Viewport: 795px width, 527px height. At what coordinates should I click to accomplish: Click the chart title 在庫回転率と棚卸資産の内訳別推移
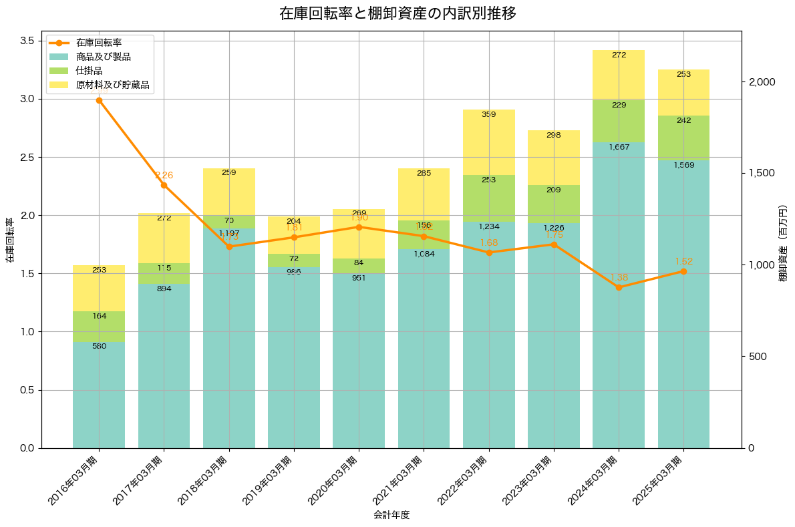397,13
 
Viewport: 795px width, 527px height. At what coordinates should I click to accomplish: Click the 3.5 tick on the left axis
27,41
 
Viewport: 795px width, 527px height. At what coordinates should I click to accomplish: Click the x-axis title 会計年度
391,515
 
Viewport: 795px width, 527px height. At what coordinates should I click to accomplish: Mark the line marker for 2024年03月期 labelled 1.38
619,287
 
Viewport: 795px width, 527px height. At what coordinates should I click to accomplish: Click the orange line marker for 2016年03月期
99,100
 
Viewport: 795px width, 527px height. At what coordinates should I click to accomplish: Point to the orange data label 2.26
164,176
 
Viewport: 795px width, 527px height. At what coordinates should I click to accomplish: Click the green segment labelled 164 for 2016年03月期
99,327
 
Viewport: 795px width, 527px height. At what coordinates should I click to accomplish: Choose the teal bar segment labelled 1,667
619,294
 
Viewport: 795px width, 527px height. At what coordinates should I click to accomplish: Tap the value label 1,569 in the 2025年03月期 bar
683,165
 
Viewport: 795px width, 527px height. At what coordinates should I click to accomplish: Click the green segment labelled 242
683,138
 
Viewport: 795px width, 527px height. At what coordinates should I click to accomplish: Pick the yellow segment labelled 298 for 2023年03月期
554,158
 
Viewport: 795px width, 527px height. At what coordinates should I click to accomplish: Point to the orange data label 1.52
683,261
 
